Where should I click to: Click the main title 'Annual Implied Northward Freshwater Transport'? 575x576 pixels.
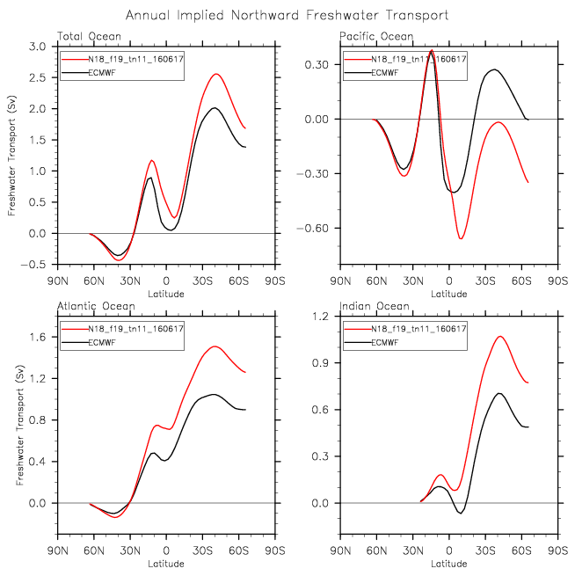pos(287,16)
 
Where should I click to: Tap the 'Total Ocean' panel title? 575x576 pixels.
pos(89,36)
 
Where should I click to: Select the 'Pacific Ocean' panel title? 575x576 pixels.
pos(376,36)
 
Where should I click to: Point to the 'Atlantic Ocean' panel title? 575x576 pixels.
pos(96,306)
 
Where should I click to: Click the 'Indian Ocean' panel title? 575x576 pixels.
pos(375,306)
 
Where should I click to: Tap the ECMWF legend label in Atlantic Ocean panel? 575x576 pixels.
pos(102,342)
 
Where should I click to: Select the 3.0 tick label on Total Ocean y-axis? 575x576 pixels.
pos(37,47)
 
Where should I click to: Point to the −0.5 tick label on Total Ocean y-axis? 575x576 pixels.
pos(33,265)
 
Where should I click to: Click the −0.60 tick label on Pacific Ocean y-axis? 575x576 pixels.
pos(312,228)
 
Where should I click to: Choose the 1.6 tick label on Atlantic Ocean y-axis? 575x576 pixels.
pos(37,337)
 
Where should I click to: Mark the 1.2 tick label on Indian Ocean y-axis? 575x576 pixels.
pos(320,317)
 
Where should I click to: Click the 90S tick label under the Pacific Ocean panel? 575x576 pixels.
pos(557,281)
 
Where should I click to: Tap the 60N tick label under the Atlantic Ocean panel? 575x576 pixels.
pos(94,550)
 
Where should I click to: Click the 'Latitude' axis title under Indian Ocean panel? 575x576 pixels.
pos(448,564)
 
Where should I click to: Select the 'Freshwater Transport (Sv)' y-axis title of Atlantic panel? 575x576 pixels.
pos(20,425)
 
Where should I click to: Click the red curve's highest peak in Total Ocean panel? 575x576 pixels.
pos(216,74)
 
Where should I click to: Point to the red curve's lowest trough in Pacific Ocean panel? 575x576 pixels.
pos(461,239)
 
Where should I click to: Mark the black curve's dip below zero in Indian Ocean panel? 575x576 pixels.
pos(461,514)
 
